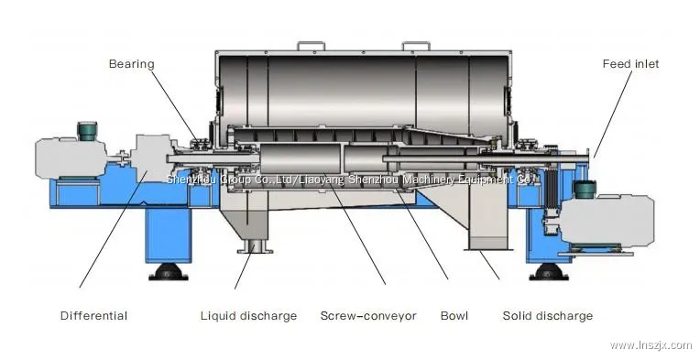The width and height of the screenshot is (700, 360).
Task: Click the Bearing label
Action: (x=132, y=64)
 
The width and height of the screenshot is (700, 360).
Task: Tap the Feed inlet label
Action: (x=629, y=64)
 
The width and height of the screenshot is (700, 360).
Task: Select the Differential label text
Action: (x=93, y=316)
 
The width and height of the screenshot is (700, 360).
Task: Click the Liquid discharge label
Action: (x=248, y=316)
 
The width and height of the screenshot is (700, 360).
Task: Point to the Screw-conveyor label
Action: (x=367, y=316)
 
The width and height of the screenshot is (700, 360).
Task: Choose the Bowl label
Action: (x=454, y=316)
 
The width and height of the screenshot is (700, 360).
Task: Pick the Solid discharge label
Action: (x=547, y=316)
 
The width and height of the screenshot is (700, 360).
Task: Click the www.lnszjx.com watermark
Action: (x=650, y=344)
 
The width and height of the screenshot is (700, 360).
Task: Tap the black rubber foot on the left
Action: (x=168, y=272)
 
